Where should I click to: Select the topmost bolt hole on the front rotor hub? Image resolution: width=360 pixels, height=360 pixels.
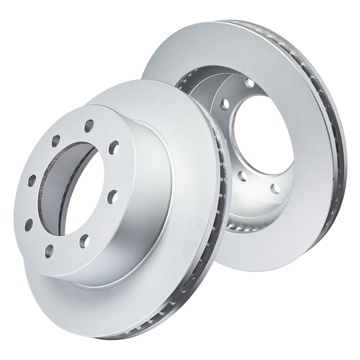(x=88, y=125)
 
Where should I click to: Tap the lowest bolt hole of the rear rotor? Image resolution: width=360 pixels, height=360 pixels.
(x=239, y=177)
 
